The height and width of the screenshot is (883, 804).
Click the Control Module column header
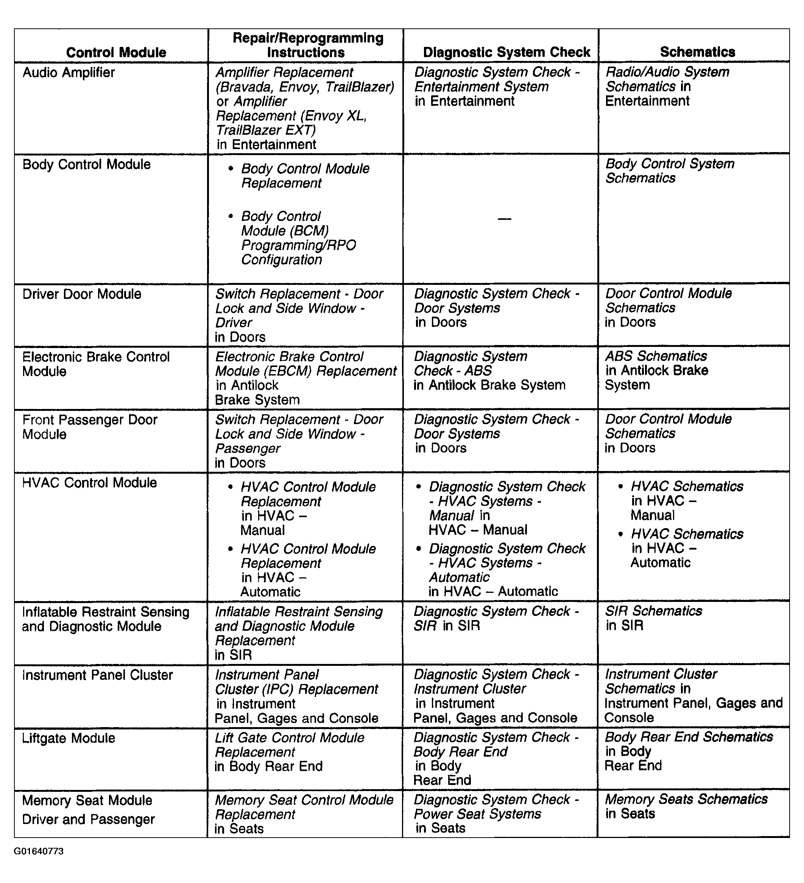point(116,53)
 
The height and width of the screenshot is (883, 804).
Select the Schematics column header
point(697,52)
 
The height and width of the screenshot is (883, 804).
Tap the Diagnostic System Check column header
point(506,52)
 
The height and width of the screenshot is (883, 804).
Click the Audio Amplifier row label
point(69,72)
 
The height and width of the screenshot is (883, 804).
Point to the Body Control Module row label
point(86,164)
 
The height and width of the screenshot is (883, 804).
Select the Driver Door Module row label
point(81,294)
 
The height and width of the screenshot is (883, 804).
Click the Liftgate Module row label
point(69,738)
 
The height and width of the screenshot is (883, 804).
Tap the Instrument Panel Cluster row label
point(97,675)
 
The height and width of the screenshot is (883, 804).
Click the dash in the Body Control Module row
point(504,219)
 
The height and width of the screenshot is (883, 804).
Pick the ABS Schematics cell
point(656,370)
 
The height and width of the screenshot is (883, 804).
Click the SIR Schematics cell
point(653,618)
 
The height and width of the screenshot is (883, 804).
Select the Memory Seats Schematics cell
point(686,806)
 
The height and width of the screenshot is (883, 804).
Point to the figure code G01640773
point(39,851)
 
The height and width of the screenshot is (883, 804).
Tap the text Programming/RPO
point(298,245)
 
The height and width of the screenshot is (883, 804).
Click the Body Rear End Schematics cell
point(688,751)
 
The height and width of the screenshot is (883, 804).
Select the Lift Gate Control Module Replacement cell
point(289,752)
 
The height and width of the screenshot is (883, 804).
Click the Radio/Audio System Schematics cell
point(667,86)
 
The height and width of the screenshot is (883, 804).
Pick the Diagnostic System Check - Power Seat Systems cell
point(496,814)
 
